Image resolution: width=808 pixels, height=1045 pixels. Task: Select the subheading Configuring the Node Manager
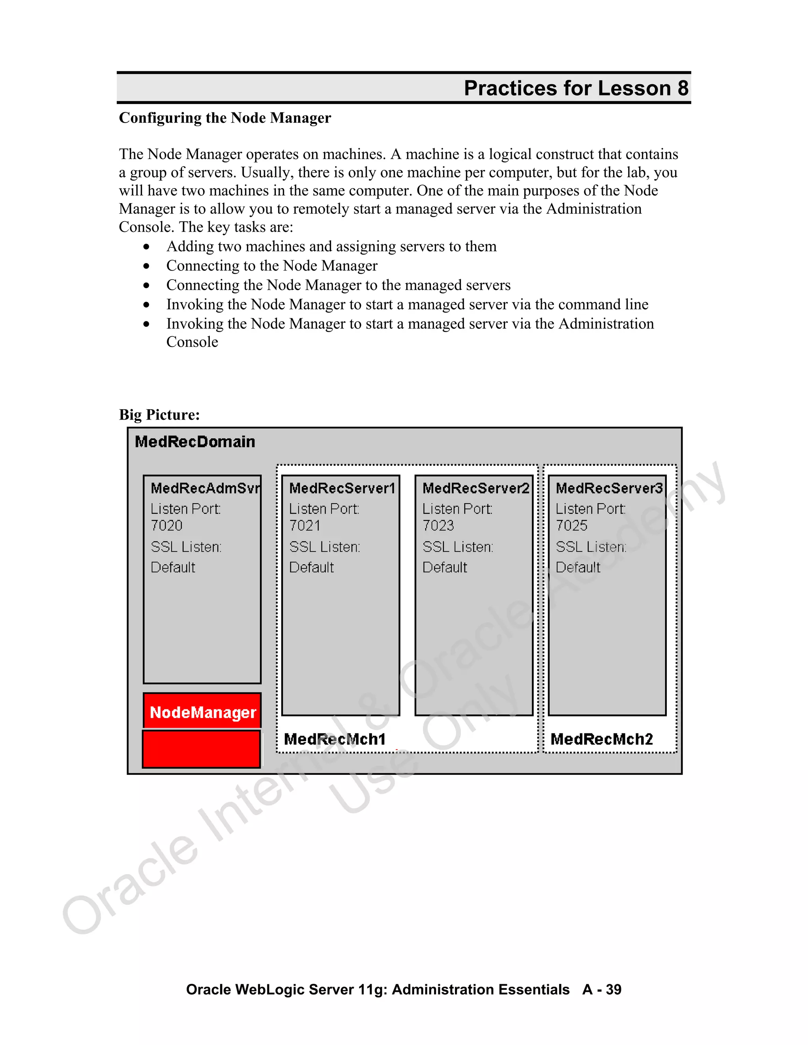[224, 118]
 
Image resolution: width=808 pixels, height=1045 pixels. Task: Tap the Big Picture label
[159, 414]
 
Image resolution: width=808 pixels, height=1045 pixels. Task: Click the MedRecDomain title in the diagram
[195, 442]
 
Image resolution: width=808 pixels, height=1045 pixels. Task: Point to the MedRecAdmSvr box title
[205, 488]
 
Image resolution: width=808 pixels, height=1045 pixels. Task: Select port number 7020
[166, 525]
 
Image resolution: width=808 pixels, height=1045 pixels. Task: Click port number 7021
[305, 525]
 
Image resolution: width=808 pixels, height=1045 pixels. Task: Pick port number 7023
[438, 525]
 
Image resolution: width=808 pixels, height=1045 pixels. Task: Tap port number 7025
[571, 525]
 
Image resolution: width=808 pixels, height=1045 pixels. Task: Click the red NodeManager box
[202, 712]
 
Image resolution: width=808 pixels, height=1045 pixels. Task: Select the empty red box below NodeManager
[202, 749]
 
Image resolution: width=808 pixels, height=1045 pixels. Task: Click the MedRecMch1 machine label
[335, 739]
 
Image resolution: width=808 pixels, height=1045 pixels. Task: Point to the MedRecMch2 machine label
[601, 739]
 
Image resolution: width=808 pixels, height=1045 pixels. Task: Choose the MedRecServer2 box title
[475, 488]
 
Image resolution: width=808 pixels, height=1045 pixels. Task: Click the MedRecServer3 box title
[608, 488]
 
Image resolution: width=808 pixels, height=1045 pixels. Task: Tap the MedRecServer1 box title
[342, 488]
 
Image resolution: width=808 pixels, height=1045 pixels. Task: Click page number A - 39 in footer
[601, 989]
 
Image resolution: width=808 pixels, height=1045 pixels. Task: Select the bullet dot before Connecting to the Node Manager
[146, 266]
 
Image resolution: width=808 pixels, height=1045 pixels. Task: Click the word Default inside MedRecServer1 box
[311, 567]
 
